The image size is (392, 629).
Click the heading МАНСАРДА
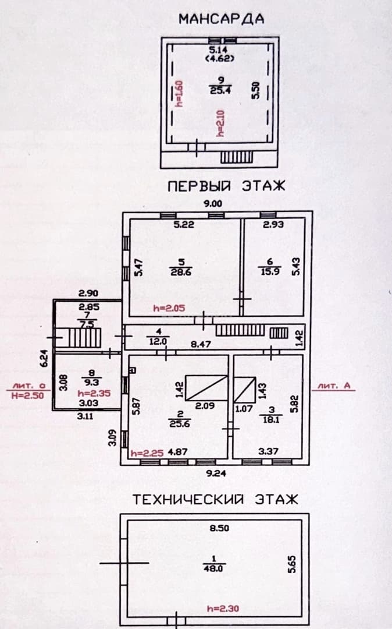click(222, 19)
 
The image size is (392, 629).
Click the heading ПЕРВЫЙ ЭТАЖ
click(227, 186)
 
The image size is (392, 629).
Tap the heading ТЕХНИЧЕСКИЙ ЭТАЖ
click(215, 500)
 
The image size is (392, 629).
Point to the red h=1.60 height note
click(179, 94)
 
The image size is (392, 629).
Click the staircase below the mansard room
click(237, 157)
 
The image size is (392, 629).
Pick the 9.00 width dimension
click(213, 204)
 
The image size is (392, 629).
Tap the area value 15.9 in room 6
click(270, 271)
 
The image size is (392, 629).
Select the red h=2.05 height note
click(169, 308)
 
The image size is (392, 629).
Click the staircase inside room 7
click(85, 338)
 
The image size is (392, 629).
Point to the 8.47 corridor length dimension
click(201, 344)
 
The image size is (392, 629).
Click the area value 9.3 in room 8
click(92, 383)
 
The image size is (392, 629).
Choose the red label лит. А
click(334, 386)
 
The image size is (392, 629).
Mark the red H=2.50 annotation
click(27, 395)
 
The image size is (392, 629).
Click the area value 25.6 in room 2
click(179, 423)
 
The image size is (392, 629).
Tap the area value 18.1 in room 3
click(272, 420)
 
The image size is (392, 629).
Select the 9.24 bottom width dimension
click(216, 473)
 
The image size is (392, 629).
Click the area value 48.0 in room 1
click(213, 568)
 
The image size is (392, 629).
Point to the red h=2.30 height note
click(223, 609)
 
